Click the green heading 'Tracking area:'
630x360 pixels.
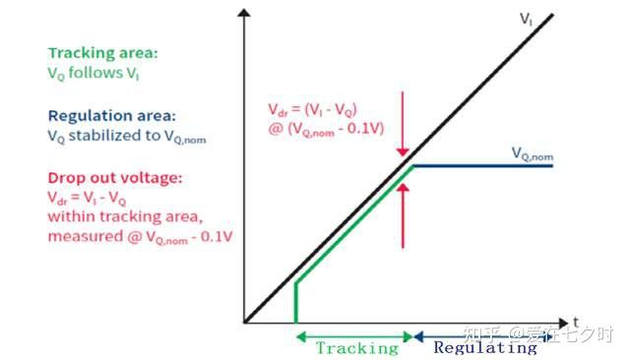[x=102, y=53]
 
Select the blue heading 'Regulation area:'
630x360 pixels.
[x=111, y=116]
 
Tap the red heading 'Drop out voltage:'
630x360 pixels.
[x=115, y=178]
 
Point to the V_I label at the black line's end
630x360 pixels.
[x=526, y=20]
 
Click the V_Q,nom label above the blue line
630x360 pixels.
[x=533, y=153]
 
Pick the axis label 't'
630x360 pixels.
[x=576, y=322]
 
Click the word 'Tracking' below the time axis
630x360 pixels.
[x=357, y=347]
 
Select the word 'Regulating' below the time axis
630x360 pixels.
[x=485, y=347]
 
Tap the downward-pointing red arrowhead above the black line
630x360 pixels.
[x=403, y=152]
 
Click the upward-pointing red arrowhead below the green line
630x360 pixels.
[x=403, y=188]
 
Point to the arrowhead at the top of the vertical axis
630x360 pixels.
[x=244, y=13]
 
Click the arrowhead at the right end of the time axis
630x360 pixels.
[x=563, y=323]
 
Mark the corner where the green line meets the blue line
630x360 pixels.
[x=413, y=166]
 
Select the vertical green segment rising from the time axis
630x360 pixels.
[x=296, y=303]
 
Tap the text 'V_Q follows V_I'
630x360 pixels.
[x=94, y=74]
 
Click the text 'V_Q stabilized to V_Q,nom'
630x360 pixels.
[x=127, y=137]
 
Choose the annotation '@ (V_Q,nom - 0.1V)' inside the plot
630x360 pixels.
[x=326, y=129]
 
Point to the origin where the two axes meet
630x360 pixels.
[x=244, y=323]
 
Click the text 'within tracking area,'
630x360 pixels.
[x=125, y=216]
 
